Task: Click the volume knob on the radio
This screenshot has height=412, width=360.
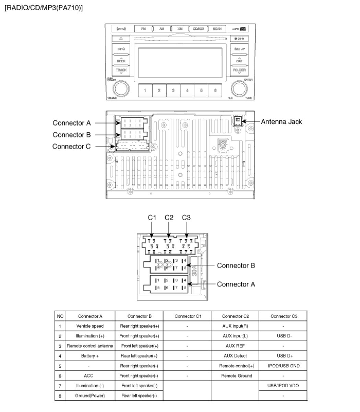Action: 120,89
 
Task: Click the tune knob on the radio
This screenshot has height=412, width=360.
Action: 239,89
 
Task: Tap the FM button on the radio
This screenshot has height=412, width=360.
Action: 143,29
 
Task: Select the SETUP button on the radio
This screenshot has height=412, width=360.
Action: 239,49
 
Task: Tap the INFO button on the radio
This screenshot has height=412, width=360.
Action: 121,49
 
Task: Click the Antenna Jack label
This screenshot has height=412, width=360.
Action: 281,122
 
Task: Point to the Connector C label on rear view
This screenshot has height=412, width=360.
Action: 71,146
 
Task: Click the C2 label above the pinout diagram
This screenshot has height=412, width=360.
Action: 169,217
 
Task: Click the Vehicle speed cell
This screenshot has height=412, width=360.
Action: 90,326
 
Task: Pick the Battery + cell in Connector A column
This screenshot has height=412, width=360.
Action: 90,356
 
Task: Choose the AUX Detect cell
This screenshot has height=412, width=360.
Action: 235,356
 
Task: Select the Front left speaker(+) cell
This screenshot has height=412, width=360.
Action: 139,346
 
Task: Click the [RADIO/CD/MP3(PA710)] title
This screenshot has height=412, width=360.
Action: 44,8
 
